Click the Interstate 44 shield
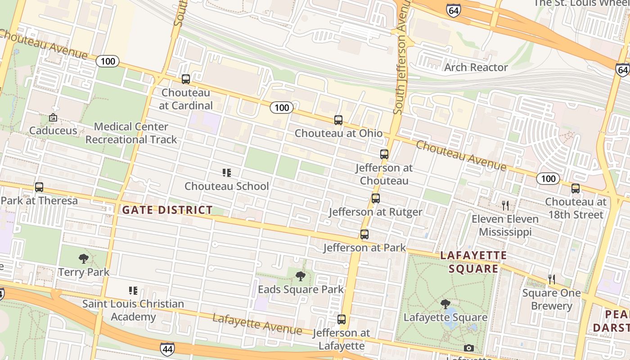pos(166,349)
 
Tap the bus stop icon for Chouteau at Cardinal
pos(186,79)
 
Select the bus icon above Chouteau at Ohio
pos(338,120)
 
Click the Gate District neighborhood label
pos(167,210)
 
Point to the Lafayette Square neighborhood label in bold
pos(473,262)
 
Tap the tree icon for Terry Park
pos(83,259)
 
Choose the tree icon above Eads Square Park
pos(300,276)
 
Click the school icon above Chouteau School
pos(227,173)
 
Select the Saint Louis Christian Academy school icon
pos(133,291)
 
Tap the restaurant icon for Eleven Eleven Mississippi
pos(505,206)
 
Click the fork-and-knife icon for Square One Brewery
pos(552,279)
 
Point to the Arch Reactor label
pos(476,67)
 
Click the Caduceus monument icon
pos(53,118)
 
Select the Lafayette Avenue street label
pos(257,324)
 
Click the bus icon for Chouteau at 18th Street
pos(576,189)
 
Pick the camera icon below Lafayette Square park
pos(468,348)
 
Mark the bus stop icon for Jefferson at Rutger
pos(376,198)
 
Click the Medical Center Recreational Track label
pos(131,133)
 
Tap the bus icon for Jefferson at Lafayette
pos(342,319)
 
